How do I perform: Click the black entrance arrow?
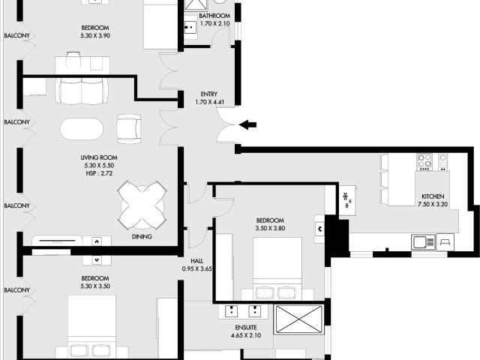click(247, 125)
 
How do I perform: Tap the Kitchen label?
click(433, 196)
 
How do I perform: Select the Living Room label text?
click(99, 157)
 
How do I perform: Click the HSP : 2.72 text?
click(99, 173)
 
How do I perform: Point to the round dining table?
click(142, 205)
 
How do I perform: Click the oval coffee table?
click(82, 129)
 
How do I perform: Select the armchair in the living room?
click(129, 129)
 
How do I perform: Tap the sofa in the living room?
click(82, 91)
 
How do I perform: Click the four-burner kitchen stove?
click(424, 162)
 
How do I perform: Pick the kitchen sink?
click(423, 242)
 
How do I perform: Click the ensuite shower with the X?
click(299, 319)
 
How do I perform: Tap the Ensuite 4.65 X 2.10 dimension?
click(246, 335)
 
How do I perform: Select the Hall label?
click(196, 261)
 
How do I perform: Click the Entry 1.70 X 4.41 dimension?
click(209, 102)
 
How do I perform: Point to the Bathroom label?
click(214, 16)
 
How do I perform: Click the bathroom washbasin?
click(190, 27)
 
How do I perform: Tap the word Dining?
click(142, 237)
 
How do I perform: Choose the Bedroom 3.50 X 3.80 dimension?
click(270, 228)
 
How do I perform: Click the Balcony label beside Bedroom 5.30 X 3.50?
click(17, 290)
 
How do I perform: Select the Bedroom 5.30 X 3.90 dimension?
click(95, 35)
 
